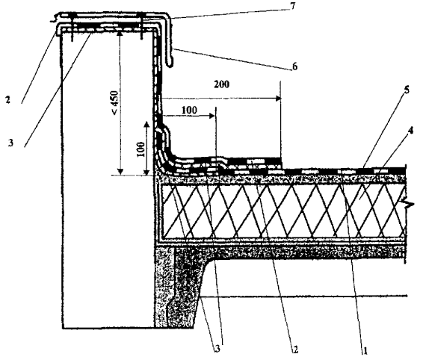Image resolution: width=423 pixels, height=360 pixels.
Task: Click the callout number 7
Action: [x=293, y=6]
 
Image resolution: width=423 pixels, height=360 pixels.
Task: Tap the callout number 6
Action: [x=295, y=66]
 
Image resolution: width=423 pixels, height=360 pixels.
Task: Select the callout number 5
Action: [x=407, y=90]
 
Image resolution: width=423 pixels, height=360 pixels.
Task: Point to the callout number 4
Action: [x=410, y=131]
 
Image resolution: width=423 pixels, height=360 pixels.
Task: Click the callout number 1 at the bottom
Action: [x=365, y=351]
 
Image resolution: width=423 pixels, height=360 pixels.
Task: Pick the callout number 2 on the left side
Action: [x=7, y=100]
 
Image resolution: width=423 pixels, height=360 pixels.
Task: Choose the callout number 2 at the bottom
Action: [x=295, y=350]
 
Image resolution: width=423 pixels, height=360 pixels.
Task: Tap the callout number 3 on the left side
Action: [x=10, y=143]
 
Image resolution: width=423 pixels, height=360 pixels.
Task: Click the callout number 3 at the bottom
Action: [x=217, y=350]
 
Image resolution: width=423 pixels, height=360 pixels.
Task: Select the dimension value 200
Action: [x=222, y=84]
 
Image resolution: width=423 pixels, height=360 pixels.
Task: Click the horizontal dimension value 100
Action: [x=189, y=110]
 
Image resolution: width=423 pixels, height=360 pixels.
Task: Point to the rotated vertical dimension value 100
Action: [x=141, y=149]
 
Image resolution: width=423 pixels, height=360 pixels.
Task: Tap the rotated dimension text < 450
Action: [x=114, y=103]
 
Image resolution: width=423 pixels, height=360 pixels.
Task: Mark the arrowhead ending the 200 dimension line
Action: [x=278, y=99]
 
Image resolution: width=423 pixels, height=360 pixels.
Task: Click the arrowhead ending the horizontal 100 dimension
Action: [x=212, y=116]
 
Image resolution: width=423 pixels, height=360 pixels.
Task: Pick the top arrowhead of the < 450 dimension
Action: [x=120, y=33]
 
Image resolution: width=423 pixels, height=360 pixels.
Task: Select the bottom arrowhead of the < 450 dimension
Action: [x=120, y=172]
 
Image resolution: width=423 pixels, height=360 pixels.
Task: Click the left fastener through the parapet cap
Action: [x=72, y=27]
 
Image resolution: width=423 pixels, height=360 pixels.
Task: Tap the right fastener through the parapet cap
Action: [x=141, y=26]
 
